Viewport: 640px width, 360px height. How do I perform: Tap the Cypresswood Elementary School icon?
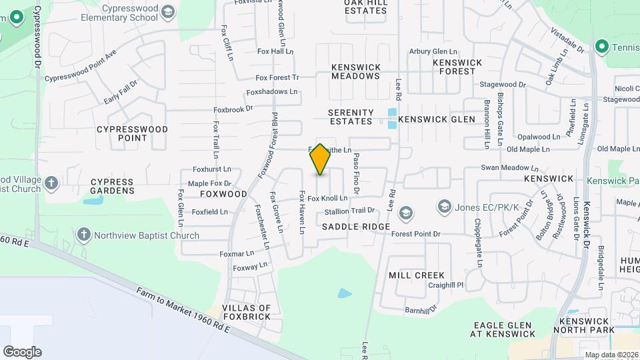coord(168,12)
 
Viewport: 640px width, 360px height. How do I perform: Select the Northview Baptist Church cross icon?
coord(83,235)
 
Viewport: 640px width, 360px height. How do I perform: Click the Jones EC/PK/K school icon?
coord(444,207)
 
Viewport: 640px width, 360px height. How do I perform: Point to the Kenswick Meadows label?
coord(356,71)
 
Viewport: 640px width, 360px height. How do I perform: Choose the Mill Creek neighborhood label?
coord(416,275)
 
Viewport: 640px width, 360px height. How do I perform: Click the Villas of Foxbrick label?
coord(247,312)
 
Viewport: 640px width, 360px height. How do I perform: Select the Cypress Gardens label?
coord(112,186)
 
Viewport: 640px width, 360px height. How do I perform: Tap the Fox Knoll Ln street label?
coord(327,199)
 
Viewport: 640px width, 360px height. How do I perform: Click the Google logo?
coord(22,352)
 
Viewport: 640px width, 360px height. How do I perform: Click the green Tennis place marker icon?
coord(602,47)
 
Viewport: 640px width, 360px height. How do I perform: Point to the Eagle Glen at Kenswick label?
coord(503,329)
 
